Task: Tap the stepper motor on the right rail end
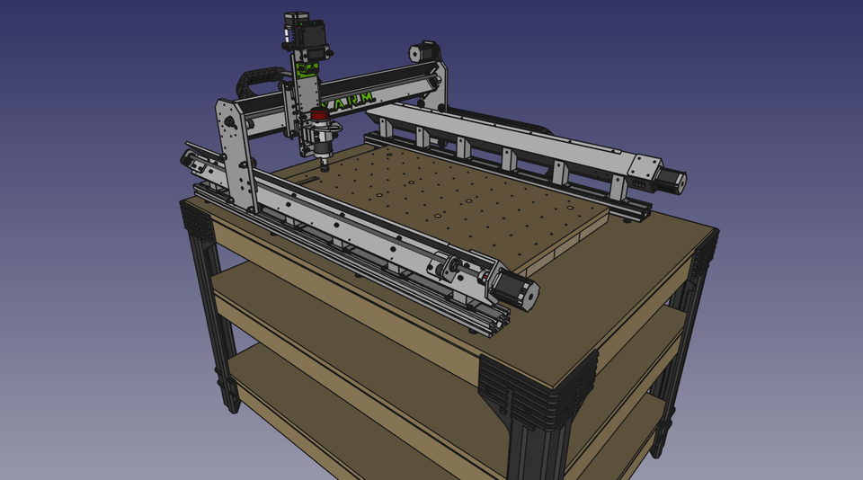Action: click(672, 181)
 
